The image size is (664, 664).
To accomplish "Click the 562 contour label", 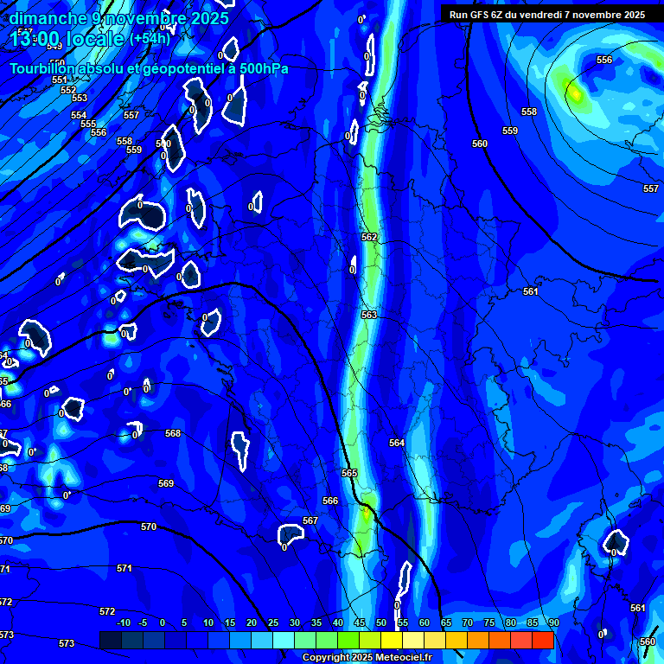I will (369, 237).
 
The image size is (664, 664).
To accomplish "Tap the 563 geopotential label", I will (369, 316).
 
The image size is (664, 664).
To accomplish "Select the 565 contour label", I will (349, 473).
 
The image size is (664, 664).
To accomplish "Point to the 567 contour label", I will (310, 520).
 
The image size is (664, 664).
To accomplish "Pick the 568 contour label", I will (173, 433).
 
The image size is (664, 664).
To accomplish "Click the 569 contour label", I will (166, 483).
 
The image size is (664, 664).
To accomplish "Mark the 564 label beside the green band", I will (396, 443).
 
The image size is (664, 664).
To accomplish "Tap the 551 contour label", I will (60, 80).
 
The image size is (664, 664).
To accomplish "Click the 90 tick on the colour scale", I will (553, 622).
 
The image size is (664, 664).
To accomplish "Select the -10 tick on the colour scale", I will (124, 622).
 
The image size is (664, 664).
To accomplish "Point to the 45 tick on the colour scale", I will (360, 622).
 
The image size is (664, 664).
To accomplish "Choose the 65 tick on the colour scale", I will (446, 622).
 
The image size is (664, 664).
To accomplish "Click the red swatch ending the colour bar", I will (543, 640).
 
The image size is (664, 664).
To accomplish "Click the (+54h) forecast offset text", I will (150, 39).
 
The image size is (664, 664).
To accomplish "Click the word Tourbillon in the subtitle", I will (43, 68).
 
